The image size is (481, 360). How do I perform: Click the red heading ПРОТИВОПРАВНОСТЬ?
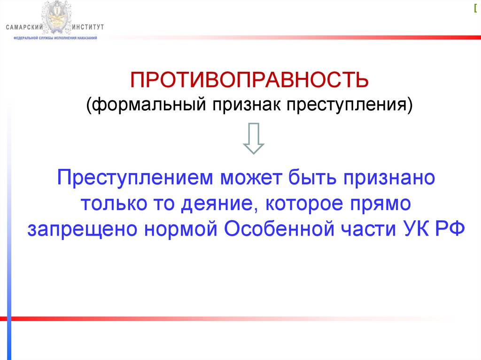point(249,79)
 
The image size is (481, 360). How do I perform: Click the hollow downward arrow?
point(253,139)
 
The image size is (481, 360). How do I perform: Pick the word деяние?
point(216,204)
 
